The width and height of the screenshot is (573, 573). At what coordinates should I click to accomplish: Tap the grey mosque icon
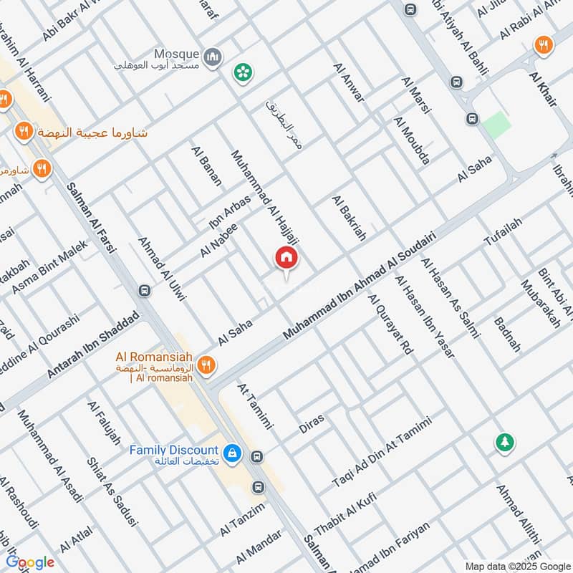pos(212,57)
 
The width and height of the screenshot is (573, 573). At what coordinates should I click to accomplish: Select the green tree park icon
pos(505,443)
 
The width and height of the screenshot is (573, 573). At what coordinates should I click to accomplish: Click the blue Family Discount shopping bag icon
pos(231,453)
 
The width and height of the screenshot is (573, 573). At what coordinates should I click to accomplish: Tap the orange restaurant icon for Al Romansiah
pos(206,365)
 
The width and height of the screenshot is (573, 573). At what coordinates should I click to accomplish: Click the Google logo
pos(31,562)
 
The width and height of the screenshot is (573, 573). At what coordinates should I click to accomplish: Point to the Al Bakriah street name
pos(349,217)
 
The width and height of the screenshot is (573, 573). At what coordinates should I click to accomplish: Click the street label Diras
pos(312,423)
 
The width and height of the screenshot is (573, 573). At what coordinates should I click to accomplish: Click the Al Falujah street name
pos(105,423)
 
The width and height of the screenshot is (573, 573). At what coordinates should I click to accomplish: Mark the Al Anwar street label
pos(349,82)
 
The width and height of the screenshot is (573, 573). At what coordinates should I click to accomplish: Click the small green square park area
pos(496,125)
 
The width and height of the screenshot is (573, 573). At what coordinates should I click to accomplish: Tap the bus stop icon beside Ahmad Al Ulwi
pos(144,291)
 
